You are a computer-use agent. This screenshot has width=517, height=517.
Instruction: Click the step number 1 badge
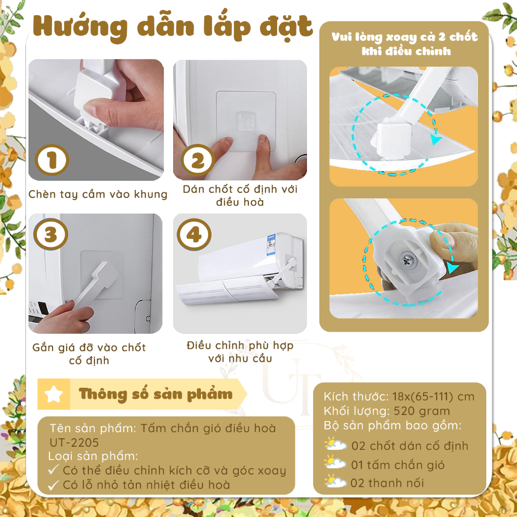tap(52, 160)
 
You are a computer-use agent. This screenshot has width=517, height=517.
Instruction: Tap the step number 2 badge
tap(197, 160)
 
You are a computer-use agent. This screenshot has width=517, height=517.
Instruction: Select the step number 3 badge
tap(50, 234)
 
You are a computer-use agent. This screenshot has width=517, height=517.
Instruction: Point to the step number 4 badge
tap(194, 234)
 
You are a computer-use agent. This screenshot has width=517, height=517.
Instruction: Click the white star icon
tap(54, 394)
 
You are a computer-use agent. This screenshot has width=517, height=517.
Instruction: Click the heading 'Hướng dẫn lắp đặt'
tap(173, 27)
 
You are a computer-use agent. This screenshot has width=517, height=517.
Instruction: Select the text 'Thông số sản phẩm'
tap(156, 394)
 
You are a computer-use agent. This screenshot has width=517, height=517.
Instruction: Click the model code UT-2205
tap(74, 442)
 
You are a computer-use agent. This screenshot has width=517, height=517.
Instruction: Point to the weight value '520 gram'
tap(422, 411)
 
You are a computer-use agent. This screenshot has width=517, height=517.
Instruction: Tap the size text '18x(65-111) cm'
tap(433, 397)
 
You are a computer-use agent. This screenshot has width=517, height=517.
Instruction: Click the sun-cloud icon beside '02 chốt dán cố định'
tap(335, 444)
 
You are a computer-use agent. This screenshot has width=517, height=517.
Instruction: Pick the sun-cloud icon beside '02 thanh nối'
tap(335, 481)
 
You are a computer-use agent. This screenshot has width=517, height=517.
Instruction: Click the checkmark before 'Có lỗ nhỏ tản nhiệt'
tap(54, 485)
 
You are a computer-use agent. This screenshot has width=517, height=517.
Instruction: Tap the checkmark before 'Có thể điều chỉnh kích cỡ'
tap(54, 470)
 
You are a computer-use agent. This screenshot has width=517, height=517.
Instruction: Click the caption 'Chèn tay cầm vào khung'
tap(98, 194)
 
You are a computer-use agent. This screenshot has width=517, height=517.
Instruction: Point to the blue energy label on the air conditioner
tap(272, 245)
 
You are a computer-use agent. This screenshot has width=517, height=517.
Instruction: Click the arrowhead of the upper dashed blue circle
tap(437, 140)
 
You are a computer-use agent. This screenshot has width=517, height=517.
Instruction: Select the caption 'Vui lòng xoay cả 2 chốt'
tap(404, 37)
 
